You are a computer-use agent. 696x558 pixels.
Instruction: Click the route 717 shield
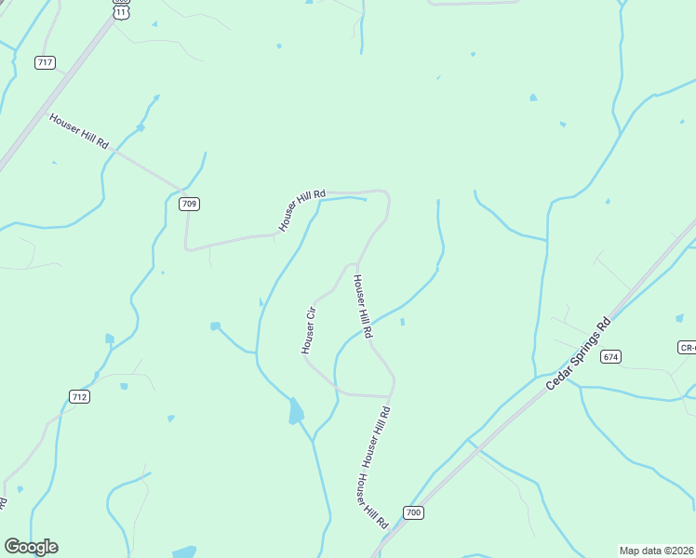pyautogui.click(x=45, y=62)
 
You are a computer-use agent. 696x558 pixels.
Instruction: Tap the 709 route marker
pyautogui.click(x=189, y=204)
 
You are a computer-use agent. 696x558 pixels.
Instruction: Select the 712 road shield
pyautogui.click(x=80, y=397)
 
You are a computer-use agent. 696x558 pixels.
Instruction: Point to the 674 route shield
pyautogui.click(x=610, y=356)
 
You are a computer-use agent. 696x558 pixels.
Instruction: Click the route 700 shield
pyautogui.click(x=414, y=512)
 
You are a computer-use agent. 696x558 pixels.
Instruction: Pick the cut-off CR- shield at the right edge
pyautogui.click(x=687, y=347)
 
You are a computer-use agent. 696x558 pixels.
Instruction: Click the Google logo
pyautogui.click(x=31, y=547)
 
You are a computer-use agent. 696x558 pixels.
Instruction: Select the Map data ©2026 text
pyautogui.click(x=656, y=551)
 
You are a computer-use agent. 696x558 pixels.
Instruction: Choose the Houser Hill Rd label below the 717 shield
pyautogui.click(x=79, y=132)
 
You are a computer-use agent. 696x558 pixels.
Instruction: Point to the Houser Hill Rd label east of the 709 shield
pyautogui.click(x=301, y=210)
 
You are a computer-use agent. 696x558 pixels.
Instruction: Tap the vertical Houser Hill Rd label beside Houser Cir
pyautogui.click(x=362, y=306)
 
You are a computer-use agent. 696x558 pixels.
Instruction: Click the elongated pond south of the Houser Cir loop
pyautogui.click(x=296, y=410)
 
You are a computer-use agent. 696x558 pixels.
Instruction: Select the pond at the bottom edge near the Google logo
pyautogui.click(x=184, y=551)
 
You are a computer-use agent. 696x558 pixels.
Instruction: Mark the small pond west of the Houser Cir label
pyautogui.click(x=216, y=326)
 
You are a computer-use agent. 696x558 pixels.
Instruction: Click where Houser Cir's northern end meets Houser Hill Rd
pyautogui.click(x=356, y=264)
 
